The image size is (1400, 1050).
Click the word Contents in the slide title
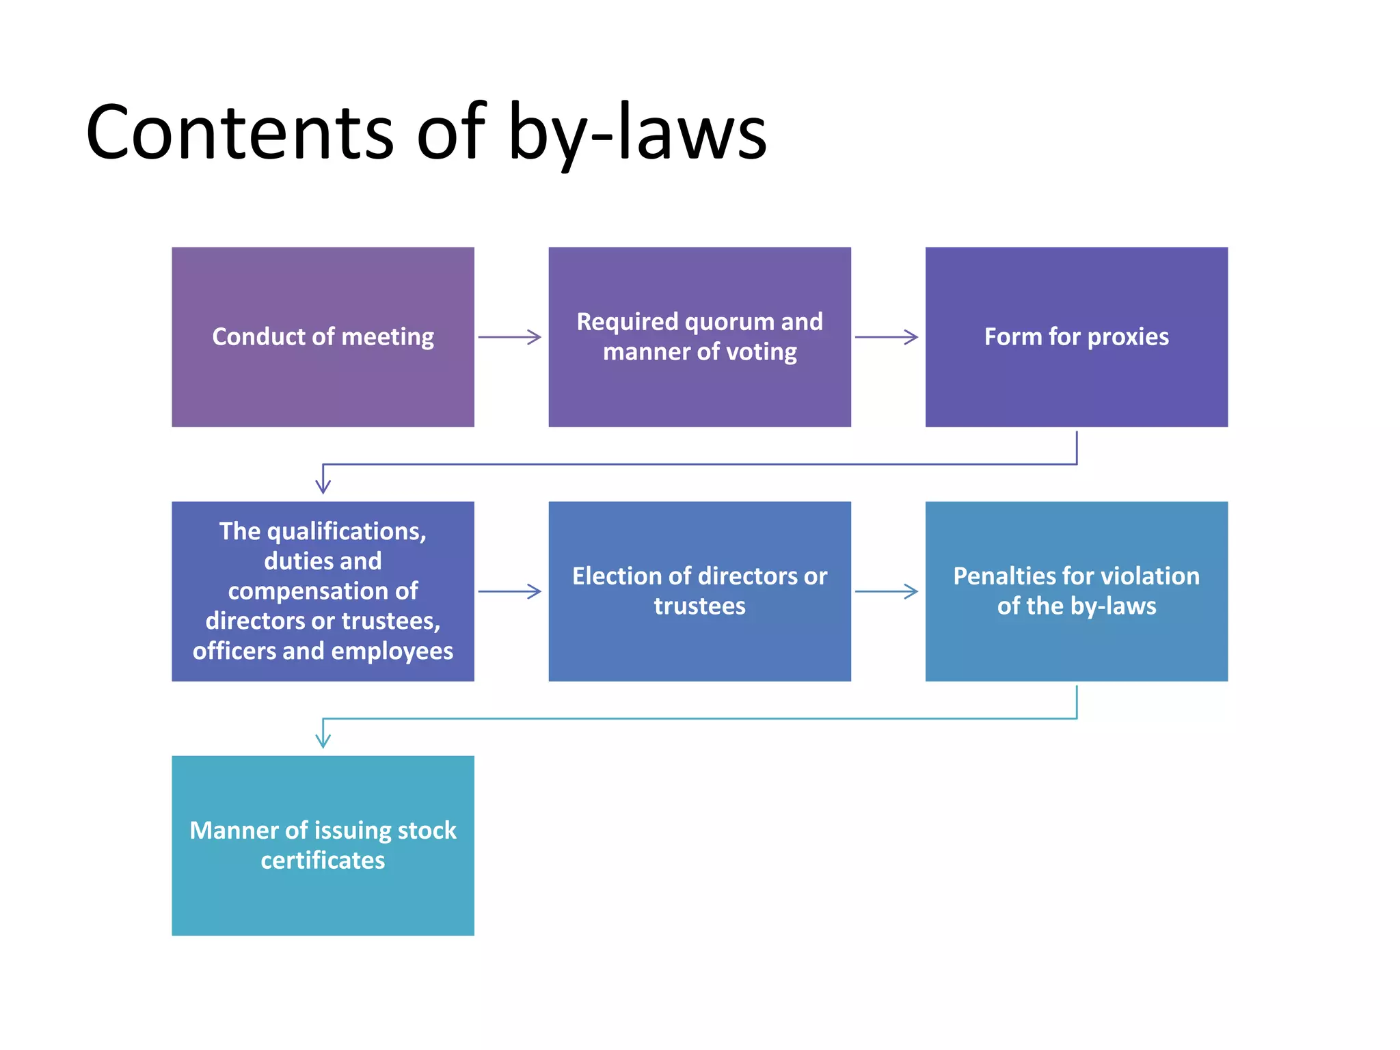[239, 132]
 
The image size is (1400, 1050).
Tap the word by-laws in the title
[637, 132]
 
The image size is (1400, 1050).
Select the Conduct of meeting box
[323, 337]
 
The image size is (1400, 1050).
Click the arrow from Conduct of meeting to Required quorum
[509, 337]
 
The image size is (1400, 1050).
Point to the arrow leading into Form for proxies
[887, 337]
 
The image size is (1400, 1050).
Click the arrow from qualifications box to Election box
[509, 591]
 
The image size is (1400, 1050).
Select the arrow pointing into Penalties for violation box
[887, 591]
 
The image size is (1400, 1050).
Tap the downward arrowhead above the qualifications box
[323, 485]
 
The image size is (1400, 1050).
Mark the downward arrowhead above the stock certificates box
[323, 740]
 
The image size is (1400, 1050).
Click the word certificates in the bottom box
[323, 860]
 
